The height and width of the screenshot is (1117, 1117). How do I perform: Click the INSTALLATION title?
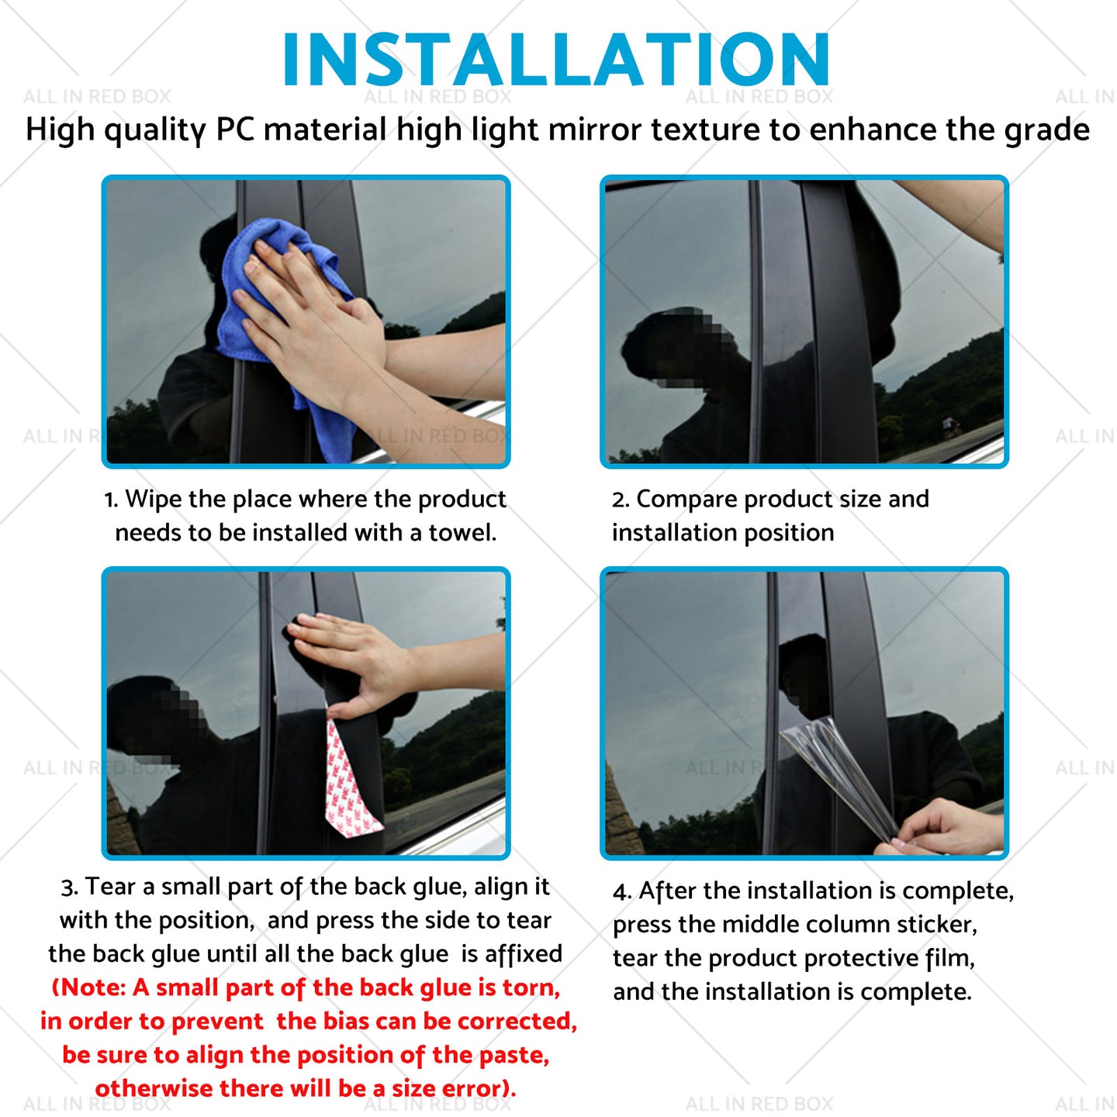coord(556,60)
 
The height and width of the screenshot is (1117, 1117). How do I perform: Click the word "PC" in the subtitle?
coord(235,129)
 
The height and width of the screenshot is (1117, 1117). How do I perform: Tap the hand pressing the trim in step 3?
coord(354,661)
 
